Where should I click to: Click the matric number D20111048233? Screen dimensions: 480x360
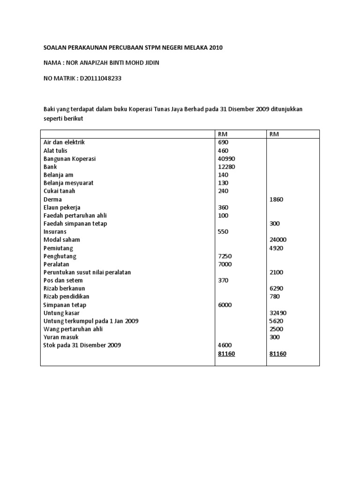pos(100,78)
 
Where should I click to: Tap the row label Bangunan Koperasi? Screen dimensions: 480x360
pos(69,158)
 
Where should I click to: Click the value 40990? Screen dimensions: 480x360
pos(226,158)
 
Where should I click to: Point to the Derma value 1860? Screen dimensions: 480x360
pos(277,199)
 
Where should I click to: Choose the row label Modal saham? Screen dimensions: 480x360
pos(61,240)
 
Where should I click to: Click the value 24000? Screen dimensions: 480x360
pos(278,240)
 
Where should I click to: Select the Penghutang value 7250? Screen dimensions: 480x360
pos(225,256)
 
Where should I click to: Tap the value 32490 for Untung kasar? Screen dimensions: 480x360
pos(278,313)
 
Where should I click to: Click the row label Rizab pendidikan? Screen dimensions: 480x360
pos(66,297)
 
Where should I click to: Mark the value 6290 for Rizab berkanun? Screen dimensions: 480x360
pos(277,288)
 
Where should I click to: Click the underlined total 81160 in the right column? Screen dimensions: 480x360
pos(278,354)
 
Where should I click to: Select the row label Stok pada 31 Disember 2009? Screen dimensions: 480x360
pos(82,345)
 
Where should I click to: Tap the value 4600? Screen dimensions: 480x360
pos(225,345)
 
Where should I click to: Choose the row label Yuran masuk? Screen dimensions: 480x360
pos(61,337)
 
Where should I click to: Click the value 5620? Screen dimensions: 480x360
pos(277,321)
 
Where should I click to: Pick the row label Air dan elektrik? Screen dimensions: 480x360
pos(64,142)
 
